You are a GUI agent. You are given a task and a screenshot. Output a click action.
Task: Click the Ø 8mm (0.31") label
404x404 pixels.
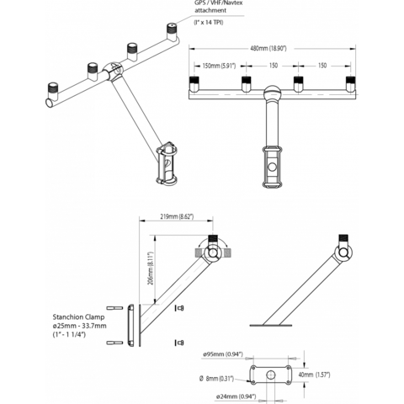click(x=221, y=375)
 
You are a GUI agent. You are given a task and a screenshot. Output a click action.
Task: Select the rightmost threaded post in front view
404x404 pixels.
click(x=350, y=84)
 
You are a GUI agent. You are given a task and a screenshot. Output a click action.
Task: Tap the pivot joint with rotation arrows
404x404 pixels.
click(x=213, y=250)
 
